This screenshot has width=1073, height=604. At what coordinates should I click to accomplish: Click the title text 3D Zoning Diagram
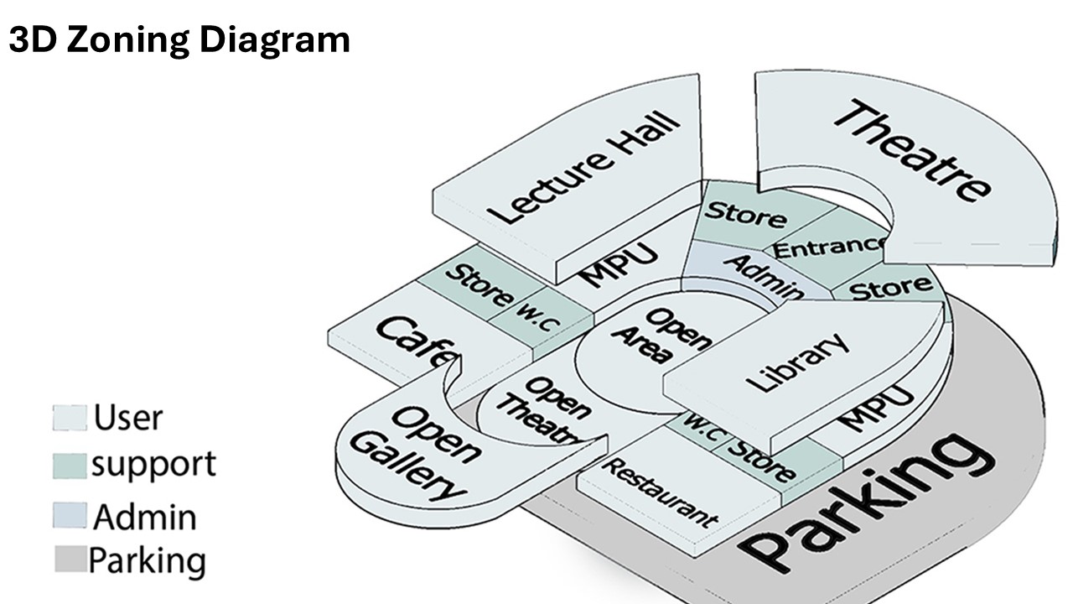pyautogui.click(x=179, y=39)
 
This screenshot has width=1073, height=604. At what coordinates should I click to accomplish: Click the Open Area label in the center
pyautogui.click(x=661, y=336)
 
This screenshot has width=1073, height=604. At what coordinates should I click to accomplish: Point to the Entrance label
pyautogui.click(x=828, y=247)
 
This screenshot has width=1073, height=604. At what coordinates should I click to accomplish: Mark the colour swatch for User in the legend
pyautogui.click(x=70, y=418)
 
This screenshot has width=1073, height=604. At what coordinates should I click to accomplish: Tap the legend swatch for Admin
pyautogui.click(x=70, y=516)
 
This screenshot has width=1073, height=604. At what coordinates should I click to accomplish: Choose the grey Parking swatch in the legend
pyautogui.click(x=70, y=560)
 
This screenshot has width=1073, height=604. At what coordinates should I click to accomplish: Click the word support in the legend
pyautogui.click(x=153, y=464)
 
